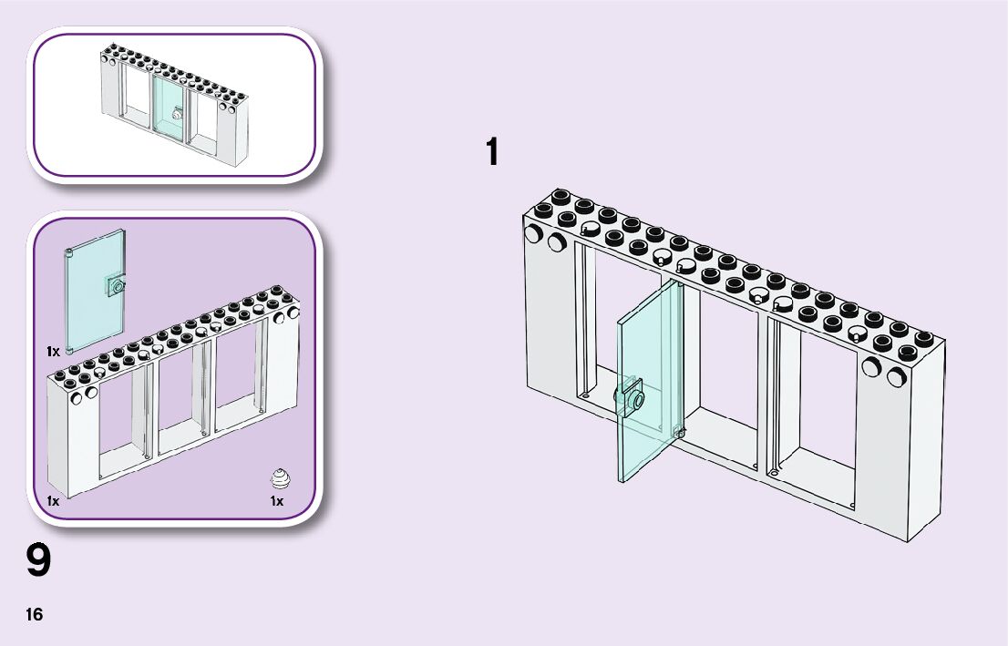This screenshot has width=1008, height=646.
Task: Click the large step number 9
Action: pos(38,561)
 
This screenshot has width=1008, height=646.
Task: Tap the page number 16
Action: pos(34,615)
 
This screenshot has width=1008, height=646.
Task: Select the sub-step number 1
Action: pos(492,152)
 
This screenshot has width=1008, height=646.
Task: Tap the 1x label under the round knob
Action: pos(277,501)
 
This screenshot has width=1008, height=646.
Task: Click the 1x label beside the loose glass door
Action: pos(53,351)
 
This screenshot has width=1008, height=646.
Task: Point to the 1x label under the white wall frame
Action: pos(53,501)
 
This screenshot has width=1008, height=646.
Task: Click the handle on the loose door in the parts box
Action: pos(116,285)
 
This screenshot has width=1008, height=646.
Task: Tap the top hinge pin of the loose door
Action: pos(70,251)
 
